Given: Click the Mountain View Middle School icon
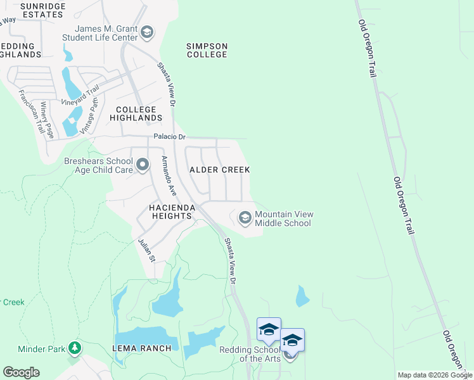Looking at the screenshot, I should (x=245, y=218).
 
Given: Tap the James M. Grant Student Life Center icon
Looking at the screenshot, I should (x=146, y=32).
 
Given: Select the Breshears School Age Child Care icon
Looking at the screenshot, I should (x=143, y=166).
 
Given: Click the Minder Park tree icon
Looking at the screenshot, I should (x=75, y=348).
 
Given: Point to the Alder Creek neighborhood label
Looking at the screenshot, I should (x=220, y=170).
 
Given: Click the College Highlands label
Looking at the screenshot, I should (x=136, y=113).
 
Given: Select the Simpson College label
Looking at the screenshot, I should (x=207, y=50).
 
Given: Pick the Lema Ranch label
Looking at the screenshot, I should (x=142, y=348).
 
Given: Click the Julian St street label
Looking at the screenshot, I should (x=147, y=250).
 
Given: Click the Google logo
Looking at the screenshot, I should (x=21, y=372).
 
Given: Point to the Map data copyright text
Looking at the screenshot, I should (x=435, y=375).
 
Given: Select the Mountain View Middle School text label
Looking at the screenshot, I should (x=284, y=218).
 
